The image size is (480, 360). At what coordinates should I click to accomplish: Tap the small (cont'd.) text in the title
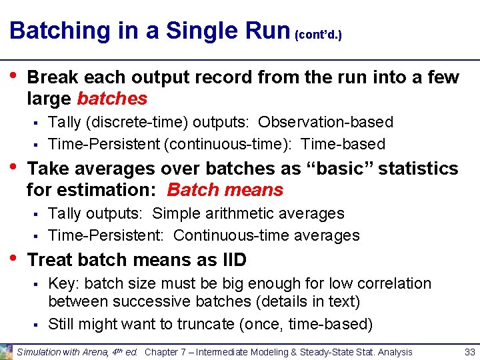click(x=318, y=34)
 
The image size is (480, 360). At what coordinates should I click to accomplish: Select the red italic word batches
click(x=112, y=99)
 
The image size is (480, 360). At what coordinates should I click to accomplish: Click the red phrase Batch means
click(x=225, y=190)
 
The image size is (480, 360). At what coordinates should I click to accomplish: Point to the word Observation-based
click(x=325, y=122)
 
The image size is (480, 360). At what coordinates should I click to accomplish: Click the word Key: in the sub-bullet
click(x=64, y=283)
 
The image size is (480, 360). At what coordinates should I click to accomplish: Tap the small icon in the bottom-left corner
click(x=7, y=351)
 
